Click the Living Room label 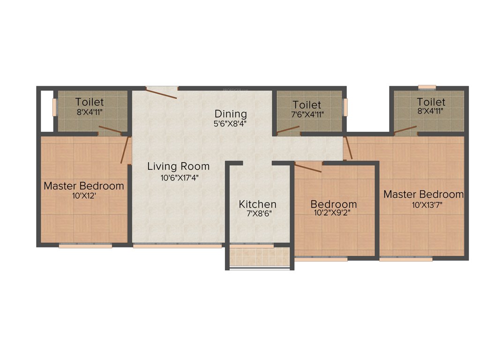coord(178,166)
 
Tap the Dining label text coord(231,114)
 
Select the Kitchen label coord(257,204)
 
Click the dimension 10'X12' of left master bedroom coord(84,196)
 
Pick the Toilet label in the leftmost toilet coord(90,102)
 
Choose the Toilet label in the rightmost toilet coord(431,102)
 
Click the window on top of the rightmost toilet coord(427,87)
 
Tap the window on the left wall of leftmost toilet coord(54,107)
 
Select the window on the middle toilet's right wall coord(346,106)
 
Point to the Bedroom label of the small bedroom coord(334,204)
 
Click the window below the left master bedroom coord(85,245)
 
